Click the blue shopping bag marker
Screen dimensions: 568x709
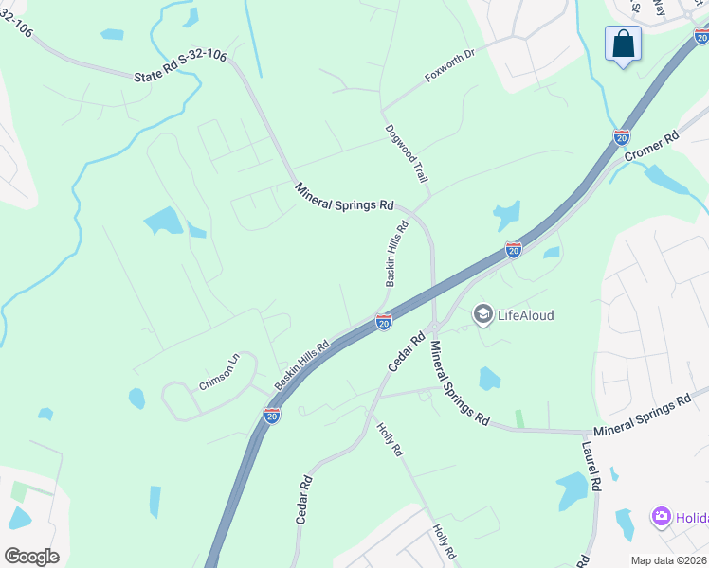coord(623,44)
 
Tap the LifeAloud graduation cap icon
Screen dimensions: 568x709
coord(483,314)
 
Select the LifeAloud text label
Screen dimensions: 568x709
coord(525,315)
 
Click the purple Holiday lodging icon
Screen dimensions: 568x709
coord(661,517)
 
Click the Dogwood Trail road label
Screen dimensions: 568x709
coord(407,154)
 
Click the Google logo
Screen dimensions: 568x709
coord(31,556)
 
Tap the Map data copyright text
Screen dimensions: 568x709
coord(668,560)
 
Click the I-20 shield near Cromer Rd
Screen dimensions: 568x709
coord(622,137)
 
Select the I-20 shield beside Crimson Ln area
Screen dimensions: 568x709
coord(272,415)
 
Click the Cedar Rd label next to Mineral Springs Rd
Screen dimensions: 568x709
coord(405,351)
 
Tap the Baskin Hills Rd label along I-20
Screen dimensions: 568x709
coord(302,364)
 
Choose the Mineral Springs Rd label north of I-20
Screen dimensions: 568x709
coord(344,197)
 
